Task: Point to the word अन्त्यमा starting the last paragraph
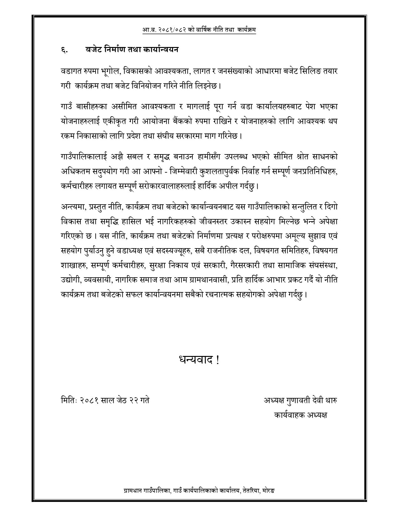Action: (x=73, y=207)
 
